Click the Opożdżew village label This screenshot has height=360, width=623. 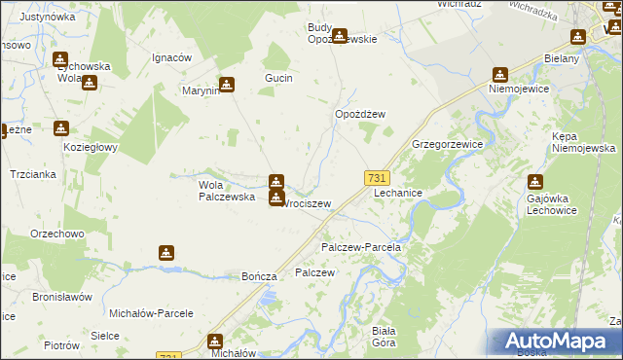[360, 114]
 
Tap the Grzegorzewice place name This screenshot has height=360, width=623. [448, 143]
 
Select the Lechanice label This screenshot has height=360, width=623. [398, 194]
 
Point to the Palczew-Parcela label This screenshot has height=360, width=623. [361, 247]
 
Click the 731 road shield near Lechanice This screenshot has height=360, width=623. [378, 178]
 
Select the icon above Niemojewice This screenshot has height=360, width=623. [500, 74]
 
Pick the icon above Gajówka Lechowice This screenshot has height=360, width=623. [534, 181]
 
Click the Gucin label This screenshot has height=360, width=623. [279, 78]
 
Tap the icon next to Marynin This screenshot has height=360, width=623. [227, 85]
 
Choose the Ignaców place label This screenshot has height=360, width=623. [170, 57]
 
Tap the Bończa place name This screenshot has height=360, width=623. [260, 276]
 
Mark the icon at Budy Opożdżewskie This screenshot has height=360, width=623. [339, 37]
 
